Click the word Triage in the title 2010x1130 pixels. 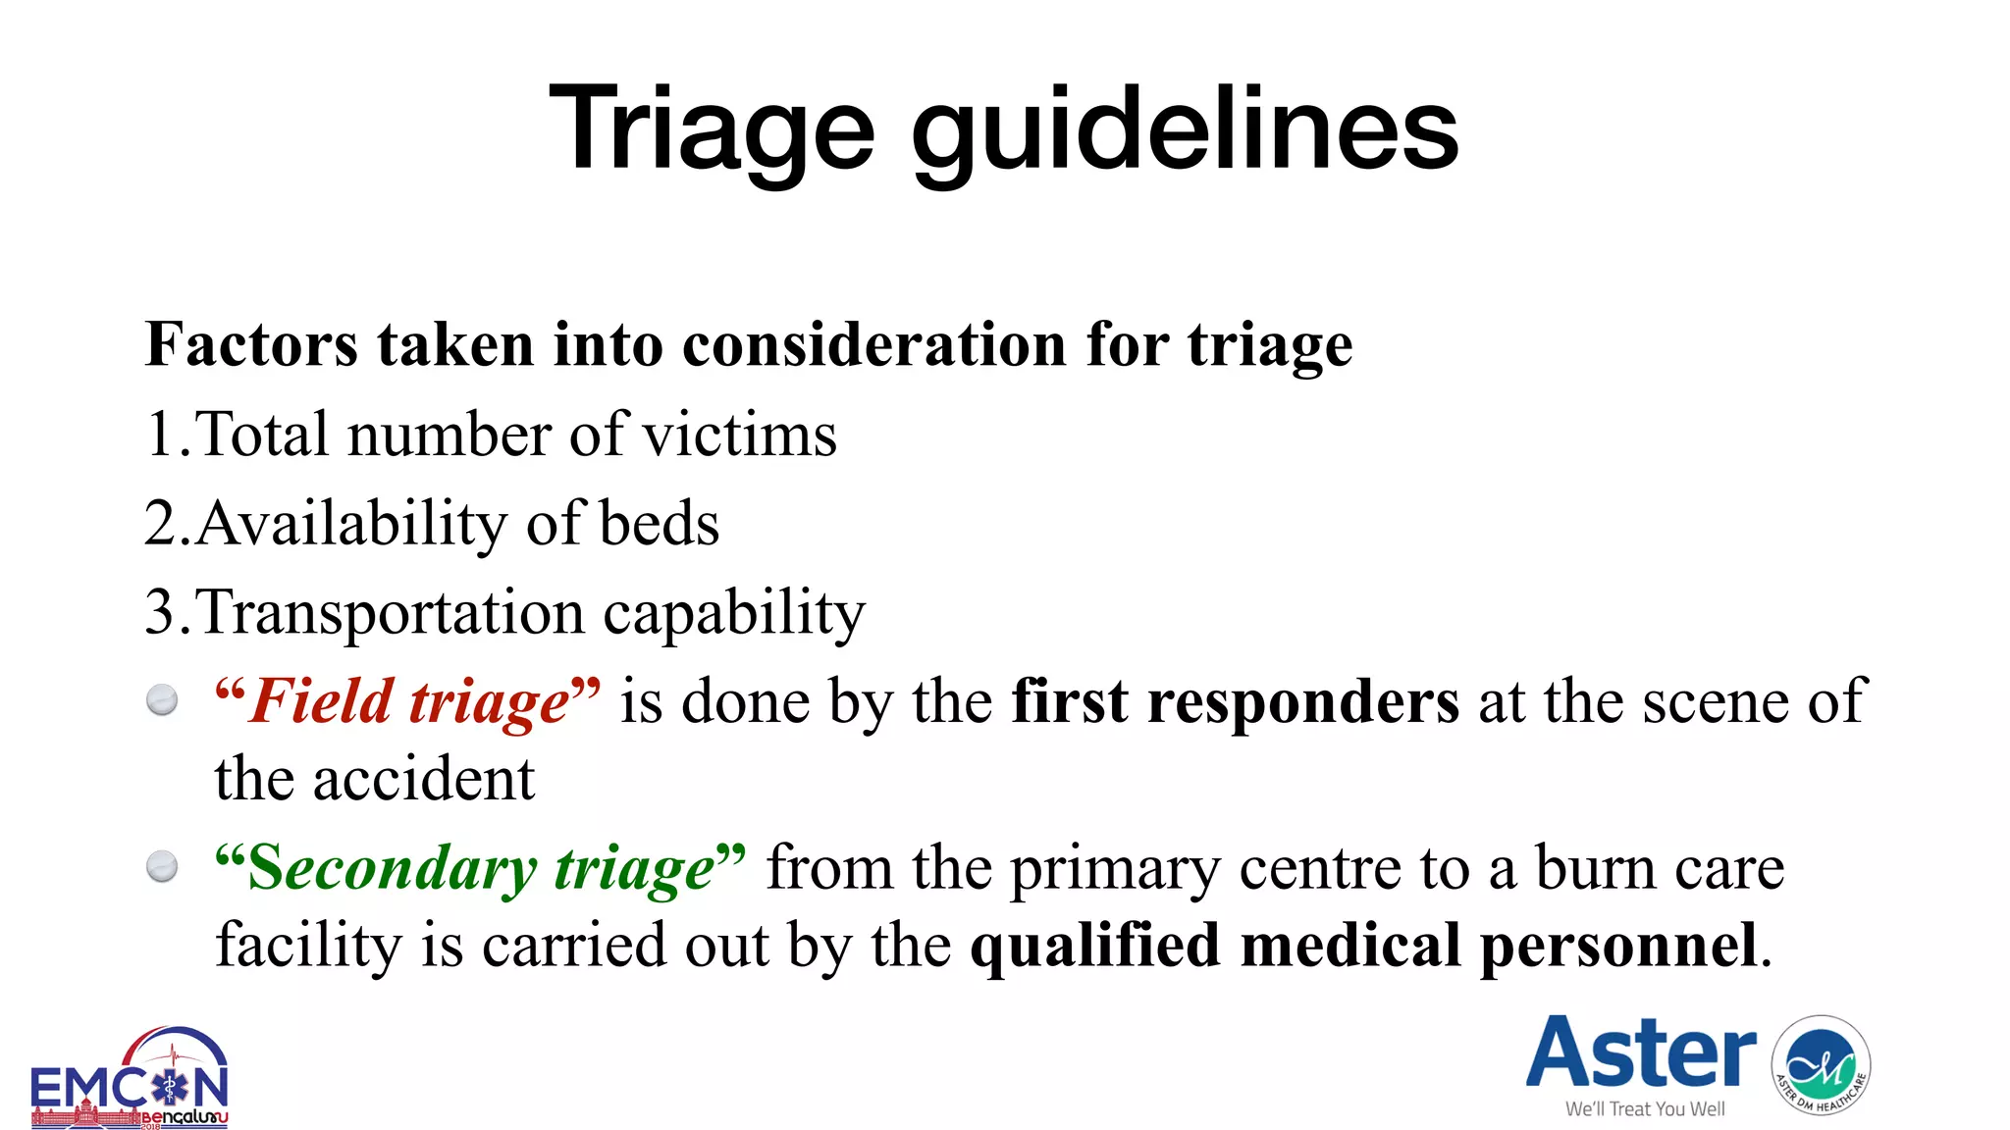click(x=711, y=128)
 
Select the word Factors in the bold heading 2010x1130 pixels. click(x=251, y=345)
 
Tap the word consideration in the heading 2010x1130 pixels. click(x=874, y=345)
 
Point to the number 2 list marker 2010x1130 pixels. click(x=160, y=523)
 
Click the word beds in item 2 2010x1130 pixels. click(x=659, y=523)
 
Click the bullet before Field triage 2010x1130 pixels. click(x=162, y=700)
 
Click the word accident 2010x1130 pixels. click(x=423, y=780)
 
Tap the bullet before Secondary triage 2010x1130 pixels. click(x=162, y=866)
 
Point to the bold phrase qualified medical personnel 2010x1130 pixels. click(x=1364, y=947)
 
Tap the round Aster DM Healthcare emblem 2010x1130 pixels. click(x=1821, y=1065)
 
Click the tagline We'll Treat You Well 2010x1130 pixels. click(x=1645, y=1109)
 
